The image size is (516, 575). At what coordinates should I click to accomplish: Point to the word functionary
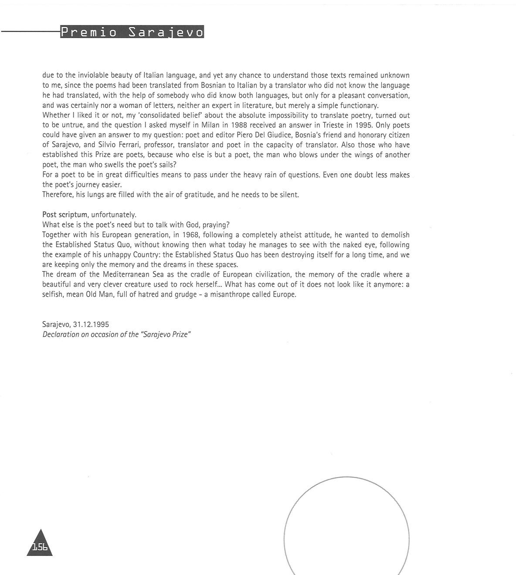(360, 106)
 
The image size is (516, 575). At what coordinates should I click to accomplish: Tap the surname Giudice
(280, 135)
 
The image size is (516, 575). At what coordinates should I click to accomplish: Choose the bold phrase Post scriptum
(65, 215)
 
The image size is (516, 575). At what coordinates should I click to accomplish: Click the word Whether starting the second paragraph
(56, 116)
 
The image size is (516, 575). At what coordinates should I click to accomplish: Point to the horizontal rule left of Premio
(31, 31)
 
